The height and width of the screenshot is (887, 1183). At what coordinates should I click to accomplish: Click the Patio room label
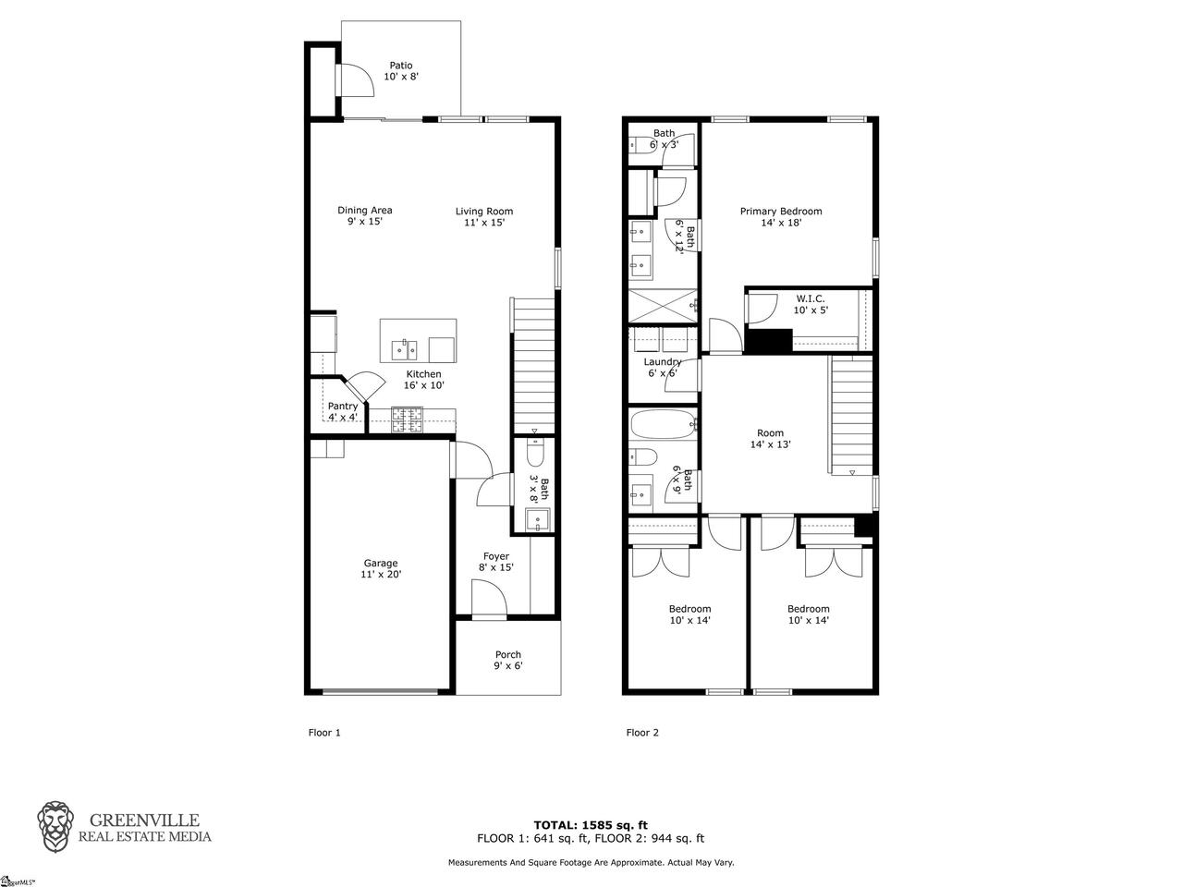[401, 71]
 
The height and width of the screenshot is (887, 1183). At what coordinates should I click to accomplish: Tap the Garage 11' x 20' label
[381, 569]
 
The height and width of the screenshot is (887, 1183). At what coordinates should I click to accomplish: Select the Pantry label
[343, 411]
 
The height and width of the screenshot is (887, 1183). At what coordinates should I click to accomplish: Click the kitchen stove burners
[407, 419]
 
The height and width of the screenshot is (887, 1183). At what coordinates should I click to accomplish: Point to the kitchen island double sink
[404, 350]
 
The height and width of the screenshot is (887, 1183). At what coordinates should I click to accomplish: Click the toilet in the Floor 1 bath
[534, 453]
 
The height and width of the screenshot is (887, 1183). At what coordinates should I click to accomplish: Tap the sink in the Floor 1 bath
[537, 519]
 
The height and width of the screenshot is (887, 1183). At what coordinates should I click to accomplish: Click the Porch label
[508, 661]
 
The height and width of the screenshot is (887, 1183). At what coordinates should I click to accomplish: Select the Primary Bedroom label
[781, 217]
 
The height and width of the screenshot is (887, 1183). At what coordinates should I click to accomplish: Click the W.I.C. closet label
[810, 304]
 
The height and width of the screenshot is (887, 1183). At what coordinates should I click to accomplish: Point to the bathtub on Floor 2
[663, 425]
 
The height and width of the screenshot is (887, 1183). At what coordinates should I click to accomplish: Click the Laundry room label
[663, 368]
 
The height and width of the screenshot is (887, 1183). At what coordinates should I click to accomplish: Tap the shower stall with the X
[663, 307]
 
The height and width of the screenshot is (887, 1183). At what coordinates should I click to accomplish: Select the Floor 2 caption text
[642, 733]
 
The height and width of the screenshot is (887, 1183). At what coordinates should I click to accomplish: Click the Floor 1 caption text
[324, 733]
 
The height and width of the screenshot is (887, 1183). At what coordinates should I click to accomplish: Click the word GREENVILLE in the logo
[144, 820]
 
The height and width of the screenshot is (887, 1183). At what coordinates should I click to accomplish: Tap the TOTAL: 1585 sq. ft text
[591, 825]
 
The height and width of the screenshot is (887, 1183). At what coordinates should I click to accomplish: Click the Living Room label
[484, 217]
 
